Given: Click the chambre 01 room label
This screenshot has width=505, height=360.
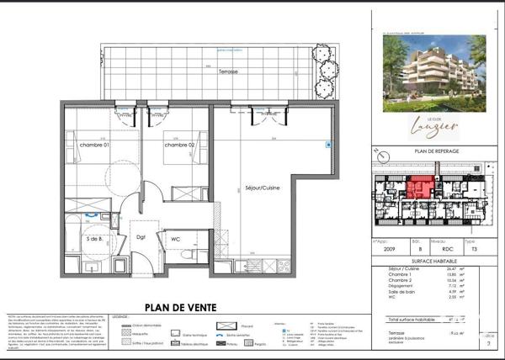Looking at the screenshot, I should [95, 146].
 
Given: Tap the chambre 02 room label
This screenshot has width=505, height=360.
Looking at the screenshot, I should [179, 146].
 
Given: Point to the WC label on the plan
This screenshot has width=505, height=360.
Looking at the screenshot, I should [175, 240].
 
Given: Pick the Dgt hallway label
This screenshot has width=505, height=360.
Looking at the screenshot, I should [141, 237].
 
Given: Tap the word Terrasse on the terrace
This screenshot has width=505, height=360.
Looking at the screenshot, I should [227, 71].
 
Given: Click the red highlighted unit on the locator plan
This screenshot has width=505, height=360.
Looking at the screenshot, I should [418, 188].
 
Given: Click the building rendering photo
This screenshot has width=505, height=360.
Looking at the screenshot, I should [434, 73].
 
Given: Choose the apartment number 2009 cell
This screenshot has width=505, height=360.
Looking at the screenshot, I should [388, 250].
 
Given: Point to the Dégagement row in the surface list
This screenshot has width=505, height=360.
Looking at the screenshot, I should [395, 285].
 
